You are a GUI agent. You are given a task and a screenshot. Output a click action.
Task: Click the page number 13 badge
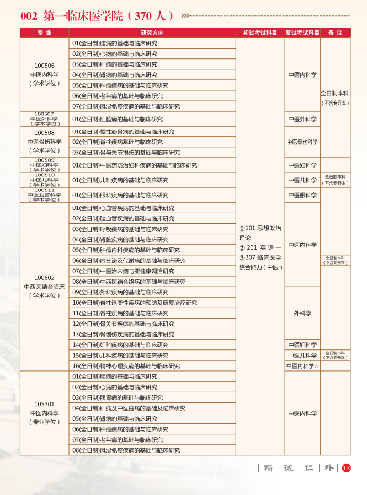(x=346, y=468)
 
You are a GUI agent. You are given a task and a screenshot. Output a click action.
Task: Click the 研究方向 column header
(x=152, y=33)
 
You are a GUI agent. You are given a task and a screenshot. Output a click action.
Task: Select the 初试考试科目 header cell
(x=260, y=33)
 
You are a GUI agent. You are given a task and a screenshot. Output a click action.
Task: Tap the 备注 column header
(x=335, y=33)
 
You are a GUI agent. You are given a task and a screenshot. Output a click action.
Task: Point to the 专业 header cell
(x=44, y=33)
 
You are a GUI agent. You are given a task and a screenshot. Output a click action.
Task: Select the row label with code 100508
(x=44, y=142)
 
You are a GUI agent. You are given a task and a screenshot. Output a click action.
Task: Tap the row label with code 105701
(x=44, y=413)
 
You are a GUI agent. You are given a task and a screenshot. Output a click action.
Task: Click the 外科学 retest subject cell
(x=302, y=313)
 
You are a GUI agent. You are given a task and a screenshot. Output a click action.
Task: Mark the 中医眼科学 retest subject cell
(x=302, y=195)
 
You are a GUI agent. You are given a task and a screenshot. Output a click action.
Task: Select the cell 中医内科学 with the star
(x=302, y=366)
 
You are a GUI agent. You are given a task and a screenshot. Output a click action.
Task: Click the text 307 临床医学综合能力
(x=260, y=262)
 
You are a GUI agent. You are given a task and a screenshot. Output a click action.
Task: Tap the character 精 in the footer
(x=268, y=468)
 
